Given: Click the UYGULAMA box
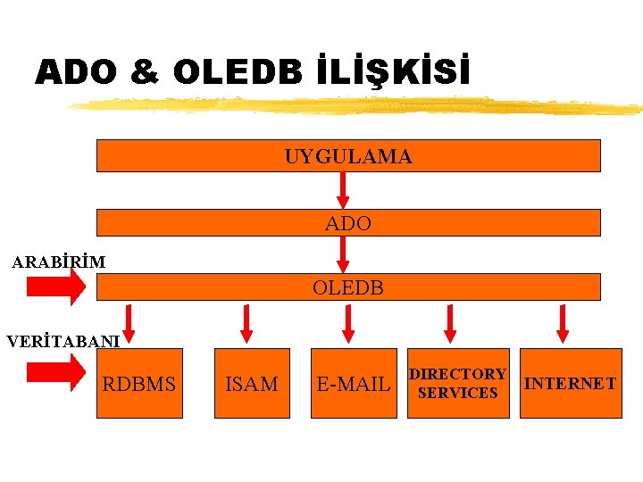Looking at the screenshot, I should tap(348, 156).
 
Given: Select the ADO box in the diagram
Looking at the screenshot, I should tap(348, 223).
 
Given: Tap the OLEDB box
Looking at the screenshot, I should tap(348, 287).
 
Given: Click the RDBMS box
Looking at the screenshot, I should tap(139, 384).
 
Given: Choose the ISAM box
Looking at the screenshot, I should tap(252, 384).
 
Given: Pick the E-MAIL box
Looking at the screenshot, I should tap(354, 384).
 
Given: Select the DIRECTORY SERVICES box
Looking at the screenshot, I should tap(458, 384).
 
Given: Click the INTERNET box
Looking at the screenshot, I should tap(571, 384).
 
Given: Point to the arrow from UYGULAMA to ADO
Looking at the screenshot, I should tap(343, 189).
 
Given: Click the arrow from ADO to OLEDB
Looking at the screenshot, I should tap(343, 253).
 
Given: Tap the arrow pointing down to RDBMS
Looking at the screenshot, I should tap(129, 324).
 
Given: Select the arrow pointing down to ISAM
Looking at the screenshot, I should tap(246, 324).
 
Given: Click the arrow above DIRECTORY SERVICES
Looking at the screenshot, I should tap(450, 324).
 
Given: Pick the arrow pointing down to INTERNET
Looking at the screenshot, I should tap(563, 324).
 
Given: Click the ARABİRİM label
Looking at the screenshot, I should tap(58, 262).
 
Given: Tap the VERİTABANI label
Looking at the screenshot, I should tap(63, 341).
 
